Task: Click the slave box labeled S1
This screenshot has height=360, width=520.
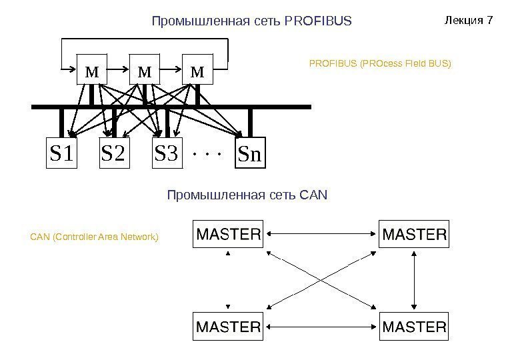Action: click(x=61, y=153)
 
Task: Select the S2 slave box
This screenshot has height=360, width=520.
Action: click(x=113, y=153)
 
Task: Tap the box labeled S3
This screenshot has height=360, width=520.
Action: click(x=167, y=153)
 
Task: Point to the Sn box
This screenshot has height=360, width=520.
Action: click(x=250, y=153)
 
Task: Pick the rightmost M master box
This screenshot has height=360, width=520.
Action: click(x=197, y=71)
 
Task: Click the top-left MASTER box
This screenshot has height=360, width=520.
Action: click(x=227, y=234)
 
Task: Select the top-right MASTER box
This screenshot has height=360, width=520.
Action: click(x=414, y=234)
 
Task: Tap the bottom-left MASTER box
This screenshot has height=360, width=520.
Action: click(x=227, y=327)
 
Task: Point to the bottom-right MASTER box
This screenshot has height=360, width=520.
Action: click(x=414, y=327)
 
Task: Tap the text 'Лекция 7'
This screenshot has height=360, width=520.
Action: click(x=468, y=20)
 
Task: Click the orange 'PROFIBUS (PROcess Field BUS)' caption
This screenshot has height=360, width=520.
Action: click(x=380, y=64)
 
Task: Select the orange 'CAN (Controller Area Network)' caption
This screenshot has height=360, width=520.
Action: click(x=95, y=236)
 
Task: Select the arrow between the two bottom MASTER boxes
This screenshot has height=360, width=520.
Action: click(x=321, y=327)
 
